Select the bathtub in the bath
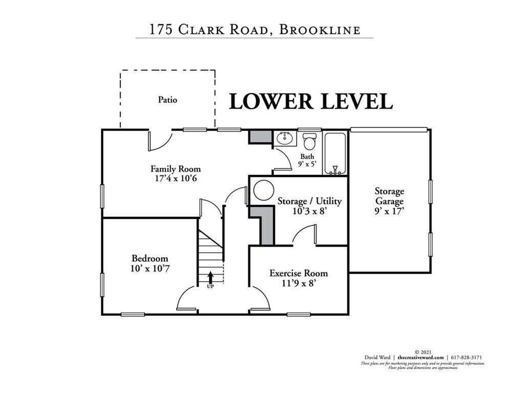pos(336,154)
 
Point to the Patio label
pos(167,100)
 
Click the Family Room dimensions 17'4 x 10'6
pos(175,178)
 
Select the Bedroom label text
pos(150,258)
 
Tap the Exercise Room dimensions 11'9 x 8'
pos(298,283)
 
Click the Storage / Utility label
pos(309,201)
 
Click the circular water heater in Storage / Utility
pos(263,191)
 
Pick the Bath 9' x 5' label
pos(308,160)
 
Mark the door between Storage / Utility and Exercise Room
pos(304,237)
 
